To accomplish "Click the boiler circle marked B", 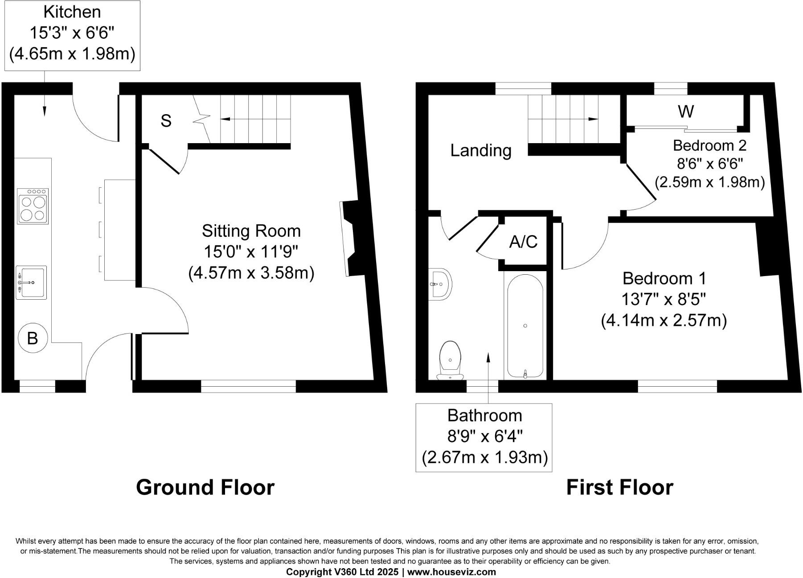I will coord(32,339).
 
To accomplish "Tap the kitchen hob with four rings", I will coord(33,206).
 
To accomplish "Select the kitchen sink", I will coord(31,282).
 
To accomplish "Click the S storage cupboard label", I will coord(166,121).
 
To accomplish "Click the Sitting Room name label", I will coord(251,231).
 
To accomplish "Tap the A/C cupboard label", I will coord(523,242).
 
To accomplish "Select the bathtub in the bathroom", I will coord(525,326).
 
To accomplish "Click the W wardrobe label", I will coord(685,111).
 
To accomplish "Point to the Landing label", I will coord(480,150).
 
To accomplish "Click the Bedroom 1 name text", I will coord(664,278).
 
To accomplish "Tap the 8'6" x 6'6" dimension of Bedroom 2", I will coord(710,164).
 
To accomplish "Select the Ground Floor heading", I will coord(205,487).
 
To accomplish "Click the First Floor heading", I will coord(619,487).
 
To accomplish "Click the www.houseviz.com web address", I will coord(451,572).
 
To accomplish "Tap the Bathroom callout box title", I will coord(484,415).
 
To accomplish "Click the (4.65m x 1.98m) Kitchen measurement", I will coord(72,54).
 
